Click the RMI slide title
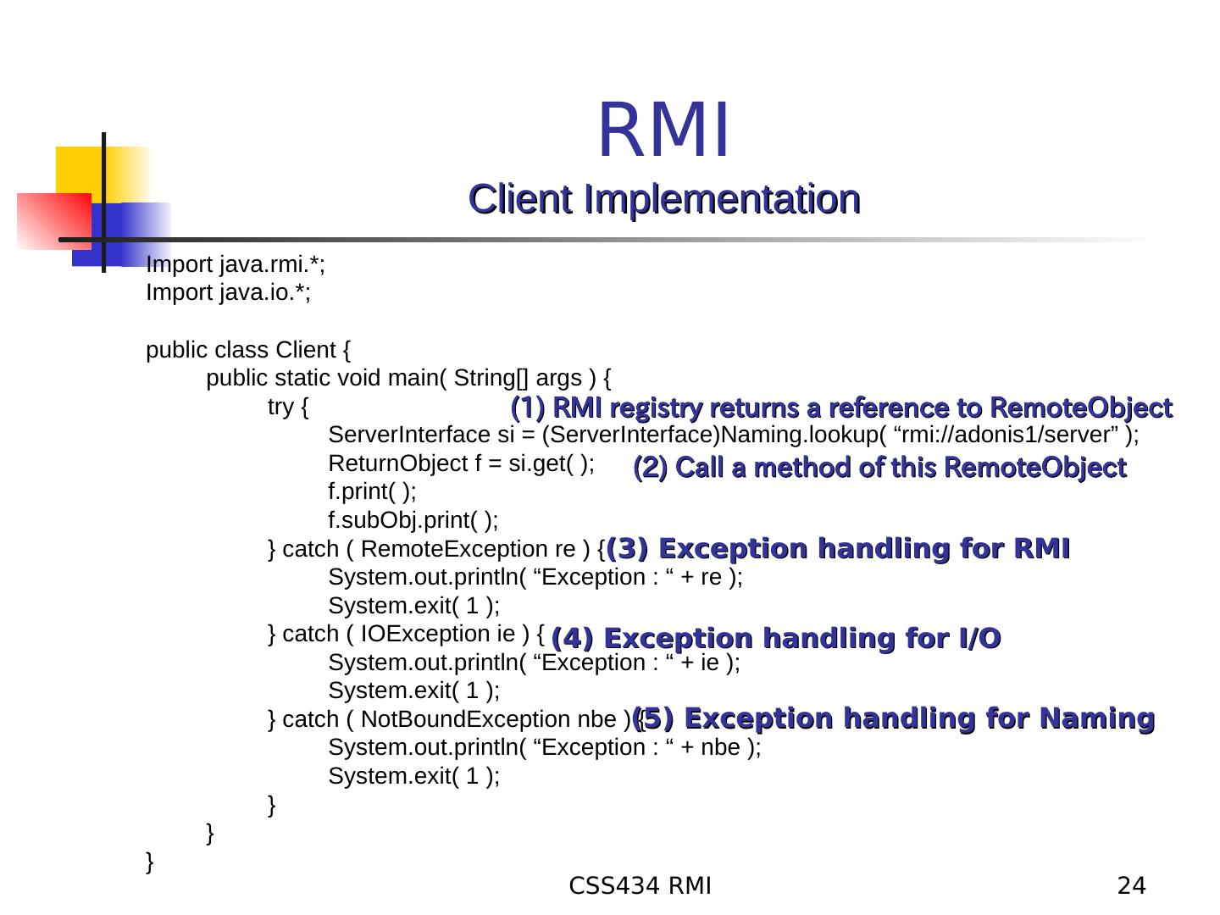click(x=663, y=130)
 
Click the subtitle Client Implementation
click(x=665, y=199)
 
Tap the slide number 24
click(x=1131, y=886)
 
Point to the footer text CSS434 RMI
click(x=640, y=886)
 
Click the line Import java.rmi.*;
click(x=236, y=265)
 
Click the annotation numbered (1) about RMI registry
click(x=841, y=408)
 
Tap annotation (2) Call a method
click(x=879, y=468)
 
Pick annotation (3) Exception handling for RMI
click(x=839, y=549)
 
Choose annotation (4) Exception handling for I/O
click(x=776, y=638)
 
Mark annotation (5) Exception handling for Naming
click(x=895, y=718)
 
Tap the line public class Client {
click(x=250, y=350)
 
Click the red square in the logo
click(x=53, y=220)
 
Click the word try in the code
click(x=281, y=408)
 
